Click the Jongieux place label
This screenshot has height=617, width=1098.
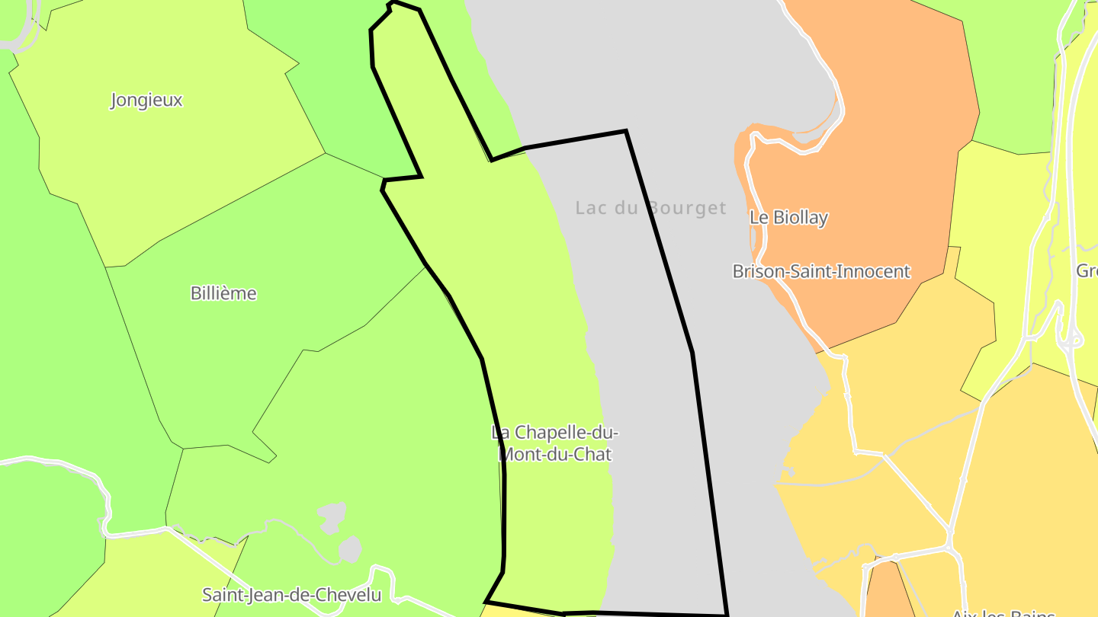pyautogui.click(x=146, y=100)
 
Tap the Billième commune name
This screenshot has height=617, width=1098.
pyautogui.click(x=223, y=293)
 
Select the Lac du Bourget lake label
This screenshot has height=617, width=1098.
pyautogui.click(x=651, y=208)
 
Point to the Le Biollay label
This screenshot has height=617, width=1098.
pyautogui.click(x=788, y=217)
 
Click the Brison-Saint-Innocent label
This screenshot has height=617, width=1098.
pyautogui.click(x=821, y=271)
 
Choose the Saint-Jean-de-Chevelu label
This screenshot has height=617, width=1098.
pyautogui.click(x=291, y=594)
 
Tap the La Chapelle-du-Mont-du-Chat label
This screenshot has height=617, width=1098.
pyautogui.click(x=554, y=443)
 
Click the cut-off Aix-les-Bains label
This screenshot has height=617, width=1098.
pyautogui.click(x=1003, y=612)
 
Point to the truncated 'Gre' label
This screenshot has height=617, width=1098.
pyautogui.click(x=1087, y=270)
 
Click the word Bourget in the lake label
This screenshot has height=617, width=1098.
pyautogui.click(x=686, y=208)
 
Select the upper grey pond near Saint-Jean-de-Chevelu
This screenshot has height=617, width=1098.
pyautogui.click(x=332, y=516)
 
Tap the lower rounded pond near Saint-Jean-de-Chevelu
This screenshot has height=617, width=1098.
pyautogui.click(x=350, y=548)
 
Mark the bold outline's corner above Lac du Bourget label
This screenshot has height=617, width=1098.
pyautogui.click(x=625, y=132)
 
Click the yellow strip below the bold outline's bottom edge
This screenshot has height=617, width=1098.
pyautogui.click(x=518, y=611)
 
